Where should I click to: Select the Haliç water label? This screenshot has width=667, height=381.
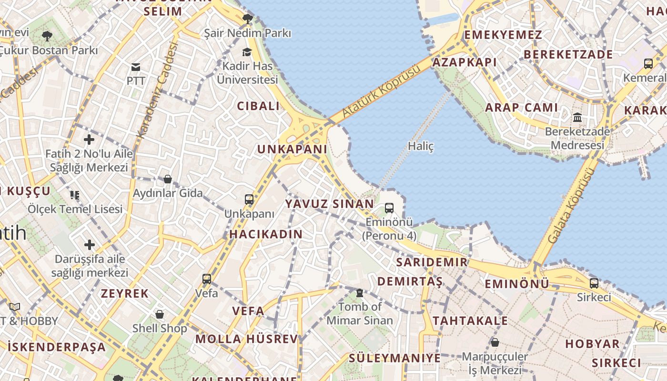click(421, 146)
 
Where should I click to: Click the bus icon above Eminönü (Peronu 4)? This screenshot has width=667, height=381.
click(389, 208)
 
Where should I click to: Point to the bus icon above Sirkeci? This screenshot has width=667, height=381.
click(594, 283)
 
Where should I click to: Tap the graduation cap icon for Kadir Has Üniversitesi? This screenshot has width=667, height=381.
click(247, 52)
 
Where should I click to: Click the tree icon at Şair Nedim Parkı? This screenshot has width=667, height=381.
click(247, 19)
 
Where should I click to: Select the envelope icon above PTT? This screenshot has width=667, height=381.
click(136, 67)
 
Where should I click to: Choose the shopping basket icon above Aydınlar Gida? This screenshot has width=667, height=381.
click(168, 179)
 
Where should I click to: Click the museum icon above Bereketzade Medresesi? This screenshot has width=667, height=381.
click(577, 117)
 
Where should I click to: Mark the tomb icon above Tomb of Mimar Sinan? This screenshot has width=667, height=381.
click(360, 292)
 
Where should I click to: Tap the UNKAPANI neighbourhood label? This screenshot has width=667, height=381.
click(292, 149)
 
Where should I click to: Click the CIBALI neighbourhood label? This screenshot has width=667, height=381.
click(259, 106)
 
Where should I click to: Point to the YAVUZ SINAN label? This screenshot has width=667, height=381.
click(329, 204)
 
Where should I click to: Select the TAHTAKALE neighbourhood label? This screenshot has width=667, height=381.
click(470, 321)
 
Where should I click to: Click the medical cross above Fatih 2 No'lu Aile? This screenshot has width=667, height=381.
click(89, 140)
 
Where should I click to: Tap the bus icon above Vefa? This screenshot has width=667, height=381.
click(207, 279)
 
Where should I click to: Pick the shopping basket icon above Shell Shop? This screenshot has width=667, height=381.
click(160, 314)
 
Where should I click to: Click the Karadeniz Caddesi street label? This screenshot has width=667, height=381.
click(157, 90)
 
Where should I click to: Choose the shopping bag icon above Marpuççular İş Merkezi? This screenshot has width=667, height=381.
click(495, 342)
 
